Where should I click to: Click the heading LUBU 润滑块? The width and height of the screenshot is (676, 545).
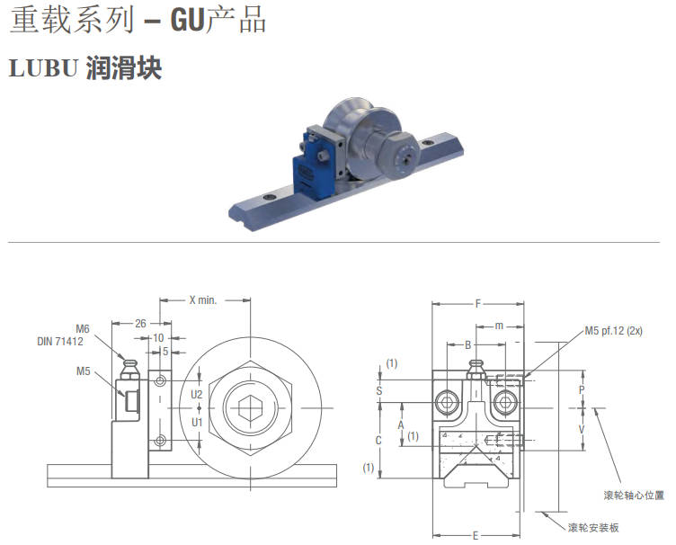(85, 68)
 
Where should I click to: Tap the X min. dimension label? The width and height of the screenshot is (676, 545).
(203, 300)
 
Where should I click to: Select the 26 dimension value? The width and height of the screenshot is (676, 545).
(140, 324)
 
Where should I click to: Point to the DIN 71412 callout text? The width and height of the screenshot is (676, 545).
(60, 342)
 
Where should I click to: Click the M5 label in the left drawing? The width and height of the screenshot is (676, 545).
(84, 371)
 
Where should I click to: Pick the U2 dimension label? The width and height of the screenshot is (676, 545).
(197, 394)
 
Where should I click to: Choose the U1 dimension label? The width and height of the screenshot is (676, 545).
(197, 422)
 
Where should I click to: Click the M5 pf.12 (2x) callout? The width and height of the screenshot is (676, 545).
(613, 331)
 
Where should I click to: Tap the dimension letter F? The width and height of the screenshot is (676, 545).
(477, 304)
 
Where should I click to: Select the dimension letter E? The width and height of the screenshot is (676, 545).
(476, 535)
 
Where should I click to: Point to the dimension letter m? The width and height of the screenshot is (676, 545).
(499, 326)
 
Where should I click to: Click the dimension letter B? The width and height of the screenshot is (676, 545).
(468, 345)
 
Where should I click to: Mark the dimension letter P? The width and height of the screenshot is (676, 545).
(582, 390)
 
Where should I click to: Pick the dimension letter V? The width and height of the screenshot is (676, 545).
(582, 429)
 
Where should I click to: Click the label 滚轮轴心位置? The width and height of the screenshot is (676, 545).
(634, 496)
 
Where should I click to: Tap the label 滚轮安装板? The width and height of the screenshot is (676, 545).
(593, 527)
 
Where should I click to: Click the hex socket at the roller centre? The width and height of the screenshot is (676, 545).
(250, 408)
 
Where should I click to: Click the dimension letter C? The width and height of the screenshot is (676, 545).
(378, 440)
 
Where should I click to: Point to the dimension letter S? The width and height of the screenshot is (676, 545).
(379, 391)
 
